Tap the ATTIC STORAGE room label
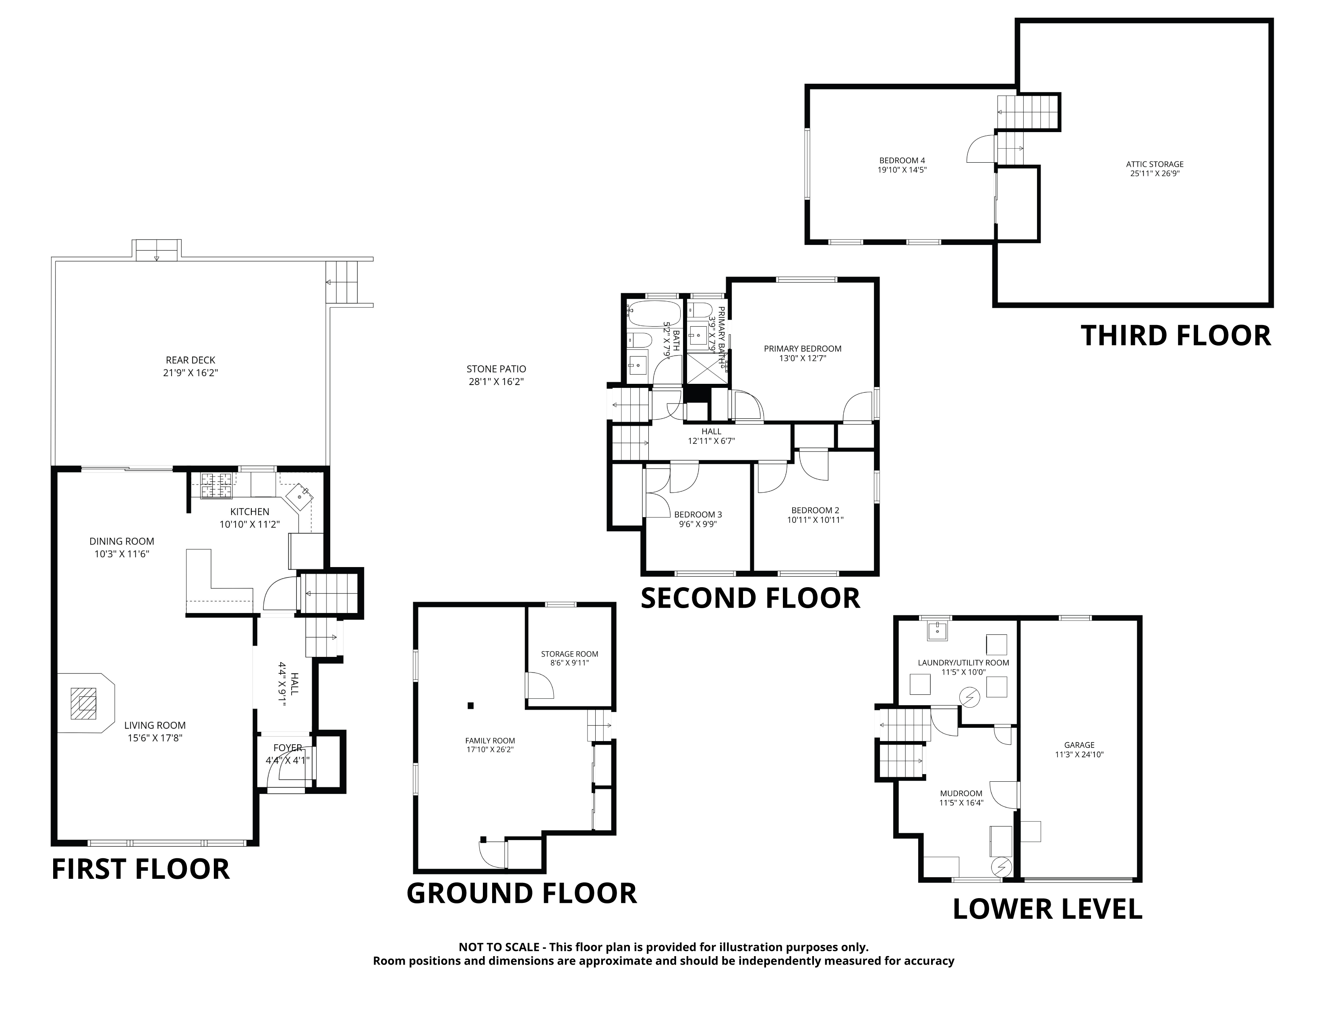[x=1154, y=164]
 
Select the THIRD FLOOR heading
[x=1176, y=336]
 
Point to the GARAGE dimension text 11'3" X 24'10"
[x=1079, y=754]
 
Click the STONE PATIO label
[x=496, y=369]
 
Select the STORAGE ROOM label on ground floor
[x=569, y=654]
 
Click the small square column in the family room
[x=470, y=706]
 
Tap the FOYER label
[x=287, y=748]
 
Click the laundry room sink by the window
[x=938, y=631]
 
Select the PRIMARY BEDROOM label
[x=803, y=349]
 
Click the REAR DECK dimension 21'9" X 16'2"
[x=190, y=373]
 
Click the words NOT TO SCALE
[x=499, y=947]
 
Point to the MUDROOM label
[x=961, y=793]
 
